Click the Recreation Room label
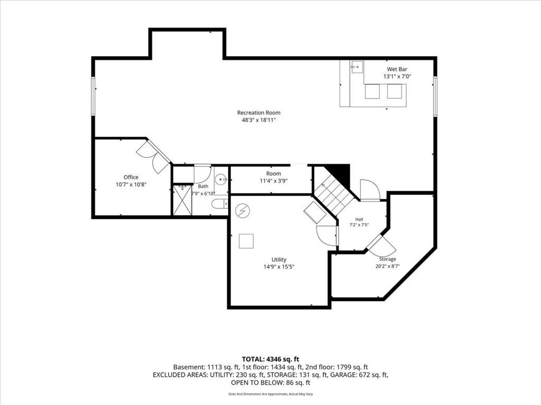coord(259,113)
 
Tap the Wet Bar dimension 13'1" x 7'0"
coord(397,76)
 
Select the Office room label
coord(131,177)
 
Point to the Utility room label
coord(279,259)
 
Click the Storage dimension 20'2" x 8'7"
coord(387,266)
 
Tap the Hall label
coord(359,219)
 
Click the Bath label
coord(203,186)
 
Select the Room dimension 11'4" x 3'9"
coord(274,181)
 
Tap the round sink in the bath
coord(221,179)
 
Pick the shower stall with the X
coord(182,200)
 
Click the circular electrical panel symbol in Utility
coord(242,210)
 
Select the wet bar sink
coord(357,67)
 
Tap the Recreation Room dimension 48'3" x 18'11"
coord(259,120)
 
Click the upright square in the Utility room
coord(246,240)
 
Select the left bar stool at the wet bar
coord(372,91)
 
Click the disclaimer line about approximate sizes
coord(270,394)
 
